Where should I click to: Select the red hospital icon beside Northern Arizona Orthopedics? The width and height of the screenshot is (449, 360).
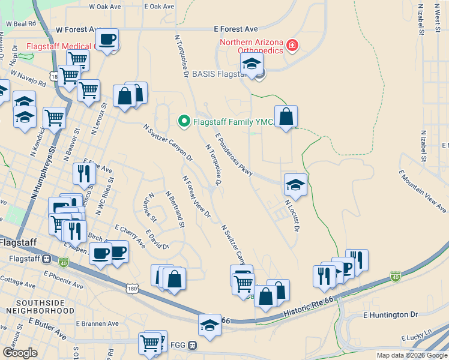(292, 44)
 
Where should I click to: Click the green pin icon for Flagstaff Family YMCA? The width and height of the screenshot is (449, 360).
(184, 121)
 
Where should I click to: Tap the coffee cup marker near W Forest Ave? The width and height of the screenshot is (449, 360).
(107, 40)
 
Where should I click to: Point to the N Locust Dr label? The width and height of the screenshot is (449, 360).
(292, 215)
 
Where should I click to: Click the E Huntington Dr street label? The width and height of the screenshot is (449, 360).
(390, 314)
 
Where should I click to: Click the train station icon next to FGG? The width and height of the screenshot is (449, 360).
(193, 346)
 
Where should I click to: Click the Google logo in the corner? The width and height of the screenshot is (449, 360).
(20, 352)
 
